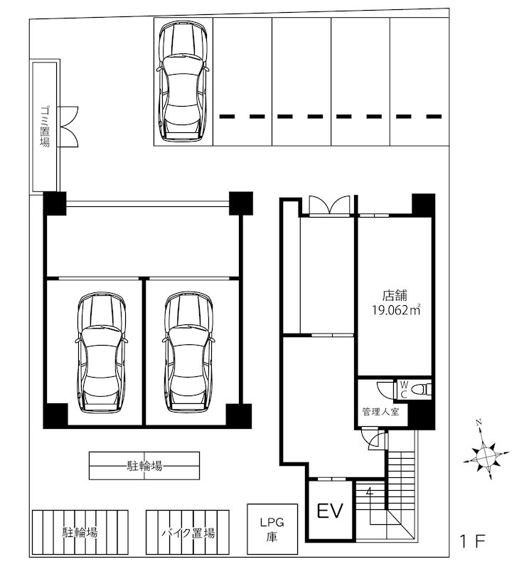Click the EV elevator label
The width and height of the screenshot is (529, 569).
330,511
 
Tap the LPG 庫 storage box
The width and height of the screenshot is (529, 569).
272,528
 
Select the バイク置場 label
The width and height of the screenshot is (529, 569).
188,533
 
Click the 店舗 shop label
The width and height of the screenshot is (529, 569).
395,295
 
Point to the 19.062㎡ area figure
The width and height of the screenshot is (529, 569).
396,310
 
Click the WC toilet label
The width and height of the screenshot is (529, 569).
404,389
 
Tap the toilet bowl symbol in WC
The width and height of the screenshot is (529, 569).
421,389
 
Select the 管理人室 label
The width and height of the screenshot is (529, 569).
380,412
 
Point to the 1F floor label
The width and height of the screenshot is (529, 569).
472,542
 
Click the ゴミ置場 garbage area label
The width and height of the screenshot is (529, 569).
45,127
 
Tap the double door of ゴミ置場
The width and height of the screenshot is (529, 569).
68,127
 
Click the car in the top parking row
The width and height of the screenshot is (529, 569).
183,80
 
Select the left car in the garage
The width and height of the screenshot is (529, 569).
101,352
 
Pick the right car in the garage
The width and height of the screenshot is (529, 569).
188,352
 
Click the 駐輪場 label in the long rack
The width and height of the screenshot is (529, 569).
144,466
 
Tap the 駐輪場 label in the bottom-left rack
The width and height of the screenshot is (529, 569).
80,532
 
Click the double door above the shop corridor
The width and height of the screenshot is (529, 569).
329,206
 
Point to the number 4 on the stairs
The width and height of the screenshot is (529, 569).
369,492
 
